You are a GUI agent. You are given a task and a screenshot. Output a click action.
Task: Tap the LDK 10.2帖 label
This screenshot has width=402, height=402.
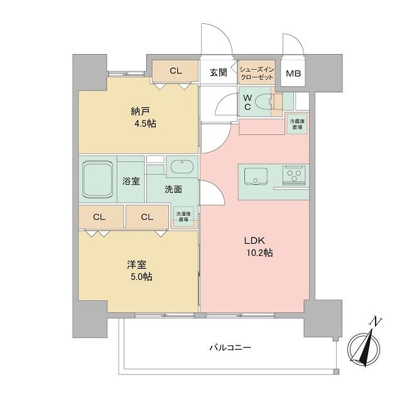point(258,246)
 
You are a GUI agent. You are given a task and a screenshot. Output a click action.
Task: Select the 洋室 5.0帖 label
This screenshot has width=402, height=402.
point(141,271)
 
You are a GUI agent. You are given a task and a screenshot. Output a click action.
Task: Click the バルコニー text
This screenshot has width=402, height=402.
point(229,347)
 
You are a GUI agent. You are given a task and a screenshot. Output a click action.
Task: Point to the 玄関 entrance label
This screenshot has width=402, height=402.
point(219,72)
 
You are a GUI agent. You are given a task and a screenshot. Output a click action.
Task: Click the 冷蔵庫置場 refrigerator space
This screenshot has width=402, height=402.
point(297,123)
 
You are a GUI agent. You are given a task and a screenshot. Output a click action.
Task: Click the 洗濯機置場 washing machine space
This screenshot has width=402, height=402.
point(184,215)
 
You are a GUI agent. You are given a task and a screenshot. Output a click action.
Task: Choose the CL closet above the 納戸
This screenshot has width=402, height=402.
point(175,71)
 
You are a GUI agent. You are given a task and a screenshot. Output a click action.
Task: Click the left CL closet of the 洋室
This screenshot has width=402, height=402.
point(99,217)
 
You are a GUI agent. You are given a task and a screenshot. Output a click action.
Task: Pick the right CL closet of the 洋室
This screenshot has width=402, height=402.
point(147,217)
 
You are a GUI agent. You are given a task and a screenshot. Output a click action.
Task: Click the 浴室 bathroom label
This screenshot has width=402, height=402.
point(131,180)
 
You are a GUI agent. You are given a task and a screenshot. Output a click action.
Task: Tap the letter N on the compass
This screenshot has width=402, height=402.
point(375,322)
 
